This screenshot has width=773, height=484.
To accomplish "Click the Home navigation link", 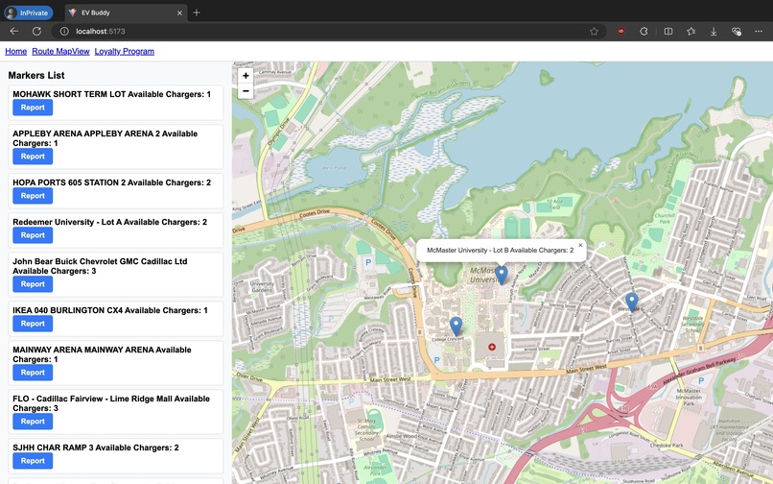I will pos(16,51).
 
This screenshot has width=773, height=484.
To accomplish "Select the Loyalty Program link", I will pos(124,51).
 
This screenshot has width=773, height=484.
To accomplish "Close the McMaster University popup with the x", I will pos(580,246).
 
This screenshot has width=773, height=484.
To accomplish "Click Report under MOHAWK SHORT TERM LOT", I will pos(33,108).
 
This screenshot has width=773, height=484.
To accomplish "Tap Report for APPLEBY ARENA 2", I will pos(33,157).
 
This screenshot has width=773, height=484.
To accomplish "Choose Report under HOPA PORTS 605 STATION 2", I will pos(33,196).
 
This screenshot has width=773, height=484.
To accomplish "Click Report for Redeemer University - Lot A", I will pos(33,235).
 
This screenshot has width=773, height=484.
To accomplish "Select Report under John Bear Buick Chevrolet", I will pos(33,284).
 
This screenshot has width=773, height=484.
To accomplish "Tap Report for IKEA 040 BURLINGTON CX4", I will pos(33,324).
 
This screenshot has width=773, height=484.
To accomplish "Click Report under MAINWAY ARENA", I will pos(33,373).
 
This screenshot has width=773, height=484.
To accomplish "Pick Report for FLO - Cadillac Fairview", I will pos(33,422).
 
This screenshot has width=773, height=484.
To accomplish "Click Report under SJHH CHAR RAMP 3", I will pos(33,461).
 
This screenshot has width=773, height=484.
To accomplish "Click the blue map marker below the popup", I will pos(501,275).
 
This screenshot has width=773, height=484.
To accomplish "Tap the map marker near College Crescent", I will pos(456,327).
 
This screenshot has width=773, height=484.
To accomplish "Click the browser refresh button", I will pos(36,31).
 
